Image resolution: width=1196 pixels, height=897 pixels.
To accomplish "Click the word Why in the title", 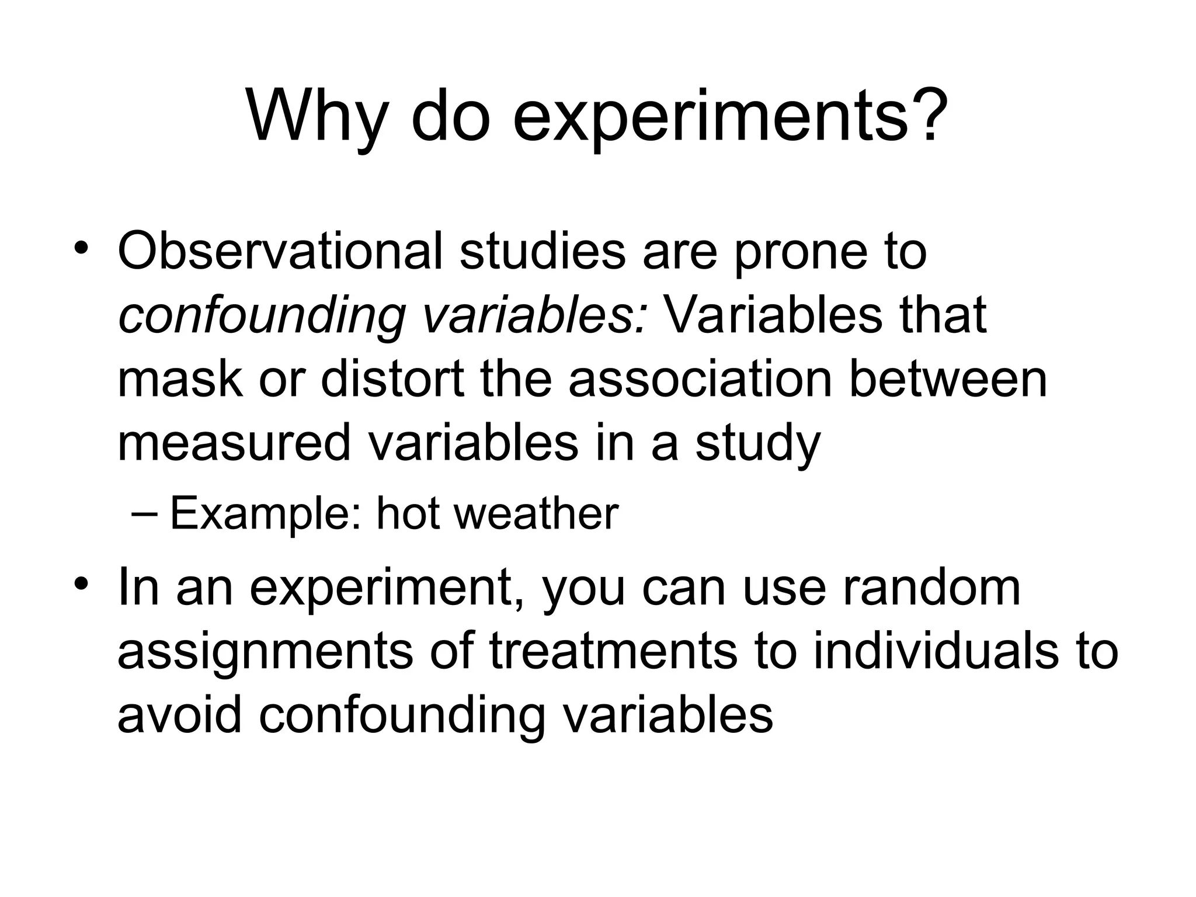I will (317, 117).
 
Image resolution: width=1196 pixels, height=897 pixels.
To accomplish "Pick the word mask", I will (179, 380).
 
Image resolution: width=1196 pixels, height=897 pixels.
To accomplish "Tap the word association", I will (700, 380).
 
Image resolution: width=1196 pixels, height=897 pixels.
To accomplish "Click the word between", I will (947, 380).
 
